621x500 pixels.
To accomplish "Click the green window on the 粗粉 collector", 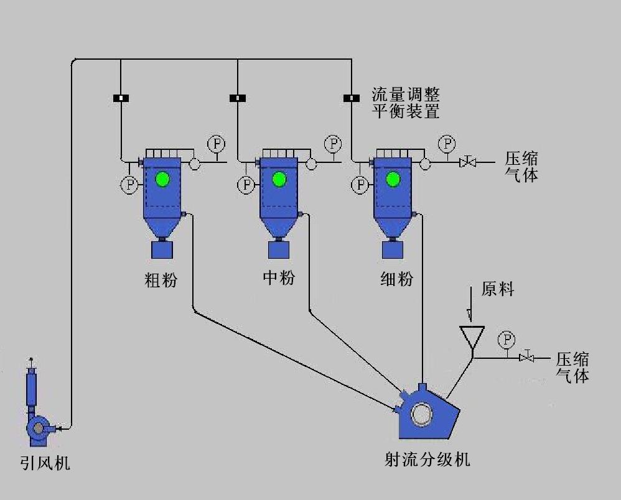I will coord(162,179).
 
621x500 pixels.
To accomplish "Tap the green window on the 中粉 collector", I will coord(279,180).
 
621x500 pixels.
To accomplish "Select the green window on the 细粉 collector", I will coord(393,180).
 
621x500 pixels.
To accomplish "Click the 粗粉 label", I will coord(161,280).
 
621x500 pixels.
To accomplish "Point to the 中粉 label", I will coord(279,277).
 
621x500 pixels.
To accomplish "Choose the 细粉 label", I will coord(396,279).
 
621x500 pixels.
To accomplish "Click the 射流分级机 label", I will coord(427,460).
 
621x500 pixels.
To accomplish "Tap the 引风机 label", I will coord(44,463).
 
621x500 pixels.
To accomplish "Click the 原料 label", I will coord(498,289).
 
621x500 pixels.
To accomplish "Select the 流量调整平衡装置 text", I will coord(406,103).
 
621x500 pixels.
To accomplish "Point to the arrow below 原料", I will coord(472,308).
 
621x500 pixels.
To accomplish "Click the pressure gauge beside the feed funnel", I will coord(507,340).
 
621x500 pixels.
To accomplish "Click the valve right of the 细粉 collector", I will coord(467,162).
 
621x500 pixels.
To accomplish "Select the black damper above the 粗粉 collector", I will coord(121,98).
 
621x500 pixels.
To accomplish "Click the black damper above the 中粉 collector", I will coord(238,98).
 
